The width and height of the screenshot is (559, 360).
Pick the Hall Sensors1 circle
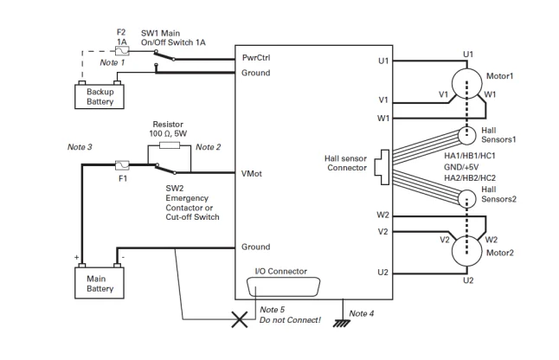point(468,136)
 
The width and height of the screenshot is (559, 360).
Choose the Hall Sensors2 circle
point(468,197)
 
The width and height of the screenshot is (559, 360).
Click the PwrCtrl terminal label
point(258,58)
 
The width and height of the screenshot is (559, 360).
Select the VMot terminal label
point(253,174)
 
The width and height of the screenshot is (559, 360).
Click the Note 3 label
point(81,146)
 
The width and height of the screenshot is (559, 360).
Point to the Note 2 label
point(207,147)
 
